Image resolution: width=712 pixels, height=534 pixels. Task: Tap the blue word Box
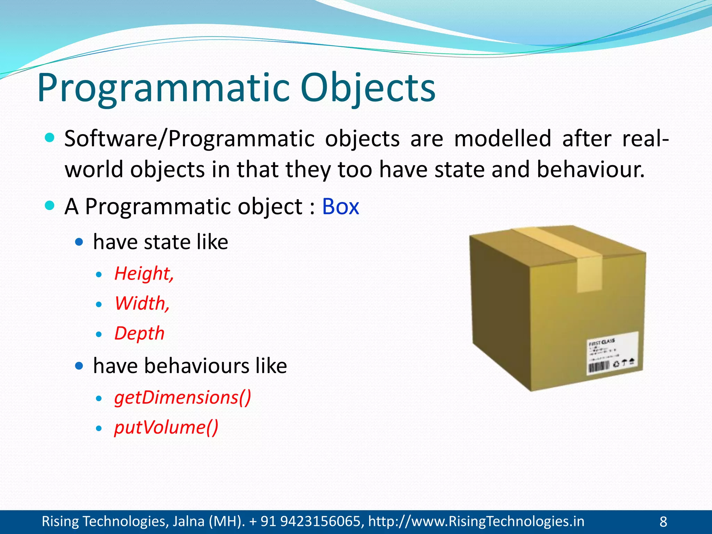[x=340, y=207]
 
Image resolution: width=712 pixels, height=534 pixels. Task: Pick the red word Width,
[x=142, y=303]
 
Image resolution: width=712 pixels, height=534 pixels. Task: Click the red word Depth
[x=139, y=333]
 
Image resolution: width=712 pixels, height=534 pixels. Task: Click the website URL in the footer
[x=476, y=521]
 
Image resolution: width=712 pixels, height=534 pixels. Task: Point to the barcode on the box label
[x=598, y=367]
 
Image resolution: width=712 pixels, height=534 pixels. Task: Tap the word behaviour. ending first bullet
[x=590, y=170]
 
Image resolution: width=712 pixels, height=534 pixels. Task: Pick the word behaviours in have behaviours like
[x=196, y=366]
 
